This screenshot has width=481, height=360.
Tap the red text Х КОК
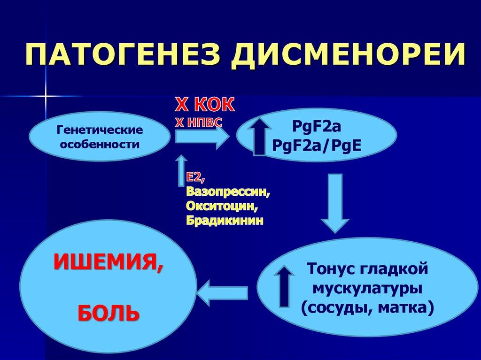pos(205,105)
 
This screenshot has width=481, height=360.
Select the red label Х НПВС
pos(199,123)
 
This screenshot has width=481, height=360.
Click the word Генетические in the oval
pos(100,130)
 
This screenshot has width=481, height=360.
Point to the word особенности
pos(100,144)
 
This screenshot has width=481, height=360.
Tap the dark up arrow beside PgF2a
pos(259,137)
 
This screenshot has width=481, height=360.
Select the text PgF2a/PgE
pos(317,146)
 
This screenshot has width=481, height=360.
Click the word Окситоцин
pos(222,206)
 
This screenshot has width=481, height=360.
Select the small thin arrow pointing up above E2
pos(182,170)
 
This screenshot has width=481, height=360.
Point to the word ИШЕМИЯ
pos(109,262)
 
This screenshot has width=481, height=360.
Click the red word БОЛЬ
pos(109,313)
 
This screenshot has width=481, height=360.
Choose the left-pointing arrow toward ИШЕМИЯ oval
pos(223,293)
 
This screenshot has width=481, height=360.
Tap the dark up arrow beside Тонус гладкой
pos(285,286)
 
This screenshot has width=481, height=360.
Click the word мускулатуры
pos(367,289)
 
